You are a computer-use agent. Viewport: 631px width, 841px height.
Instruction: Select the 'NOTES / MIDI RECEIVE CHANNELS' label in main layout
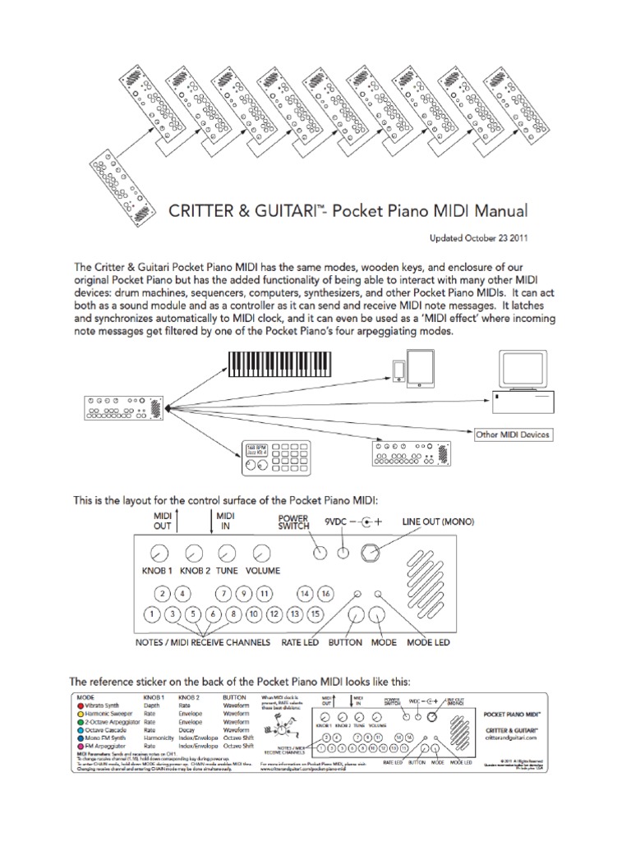tap(202, 642)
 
